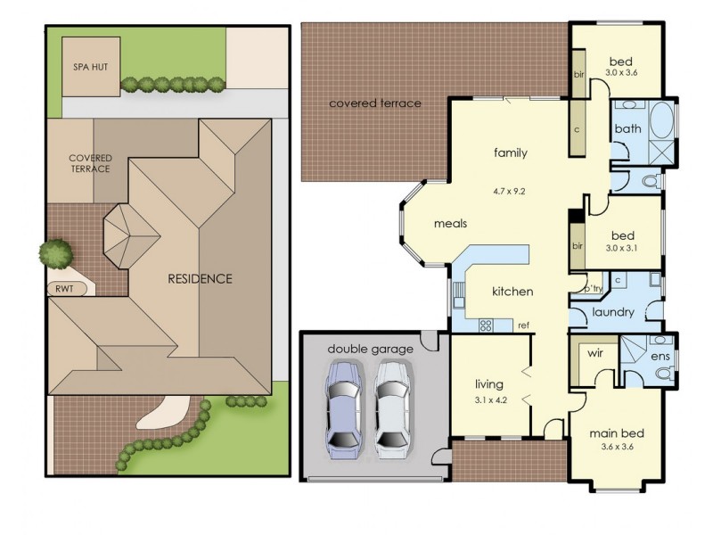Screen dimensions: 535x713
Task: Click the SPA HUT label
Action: pos(90,67)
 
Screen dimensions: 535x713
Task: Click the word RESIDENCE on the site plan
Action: pos(200,278)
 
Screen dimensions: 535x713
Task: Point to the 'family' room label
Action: pos(511,152)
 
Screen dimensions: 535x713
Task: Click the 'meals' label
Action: pos(451,224)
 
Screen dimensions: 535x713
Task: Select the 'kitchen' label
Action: pos(512,292)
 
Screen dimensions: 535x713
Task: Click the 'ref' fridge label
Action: pos(523,325)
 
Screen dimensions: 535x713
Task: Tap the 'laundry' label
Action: pos(613,313)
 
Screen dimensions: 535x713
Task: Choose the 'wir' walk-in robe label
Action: pos(595,353)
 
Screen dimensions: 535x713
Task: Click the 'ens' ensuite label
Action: pos(660,358)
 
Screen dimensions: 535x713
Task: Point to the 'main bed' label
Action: pos(617,434)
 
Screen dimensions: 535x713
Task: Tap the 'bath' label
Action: pos(627,129)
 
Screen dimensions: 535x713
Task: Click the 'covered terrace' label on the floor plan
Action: pos(375,103)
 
